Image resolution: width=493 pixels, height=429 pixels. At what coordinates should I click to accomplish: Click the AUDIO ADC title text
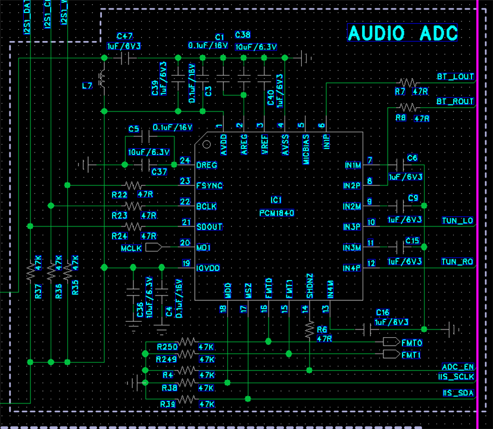[402, 33]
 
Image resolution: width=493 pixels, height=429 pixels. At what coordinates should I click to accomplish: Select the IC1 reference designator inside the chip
[276, 200]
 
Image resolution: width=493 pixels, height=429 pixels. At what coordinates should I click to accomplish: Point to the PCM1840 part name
[277, 213]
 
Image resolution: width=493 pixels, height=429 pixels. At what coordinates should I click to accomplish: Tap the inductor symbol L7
[103, 80]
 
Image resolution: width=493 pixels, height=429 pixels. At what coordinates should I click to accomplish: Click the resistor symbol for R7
[408, 82]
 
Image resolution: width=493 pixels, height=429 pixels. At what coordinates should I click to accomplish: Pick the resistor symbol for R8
[408, 107]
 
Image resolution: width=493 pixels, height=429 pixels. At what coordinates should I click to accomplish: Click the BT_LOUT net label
[455, 77]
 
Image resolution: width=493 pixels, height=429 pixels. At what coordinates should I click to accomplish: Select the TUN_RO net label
[457, 262]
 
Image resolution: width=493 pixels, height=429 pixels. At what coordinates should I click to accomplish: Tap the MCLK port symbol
[152, 247]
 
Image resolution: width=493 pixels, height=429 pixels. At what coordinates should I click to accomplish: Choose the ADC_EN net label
[458, 367]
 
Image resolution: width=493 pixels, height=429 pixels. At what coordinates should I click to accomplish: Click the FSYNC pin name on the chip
[209, 185]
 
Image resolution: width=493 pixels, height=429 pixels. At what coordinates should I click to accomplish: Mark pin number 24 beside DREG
[185, 160]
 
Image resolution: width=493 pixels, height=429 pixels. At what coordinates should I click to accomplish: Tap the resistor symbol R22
[133, 185]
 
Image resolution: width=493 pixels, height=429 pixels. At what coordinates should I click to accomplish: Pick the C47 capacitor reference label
[125, 36]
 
